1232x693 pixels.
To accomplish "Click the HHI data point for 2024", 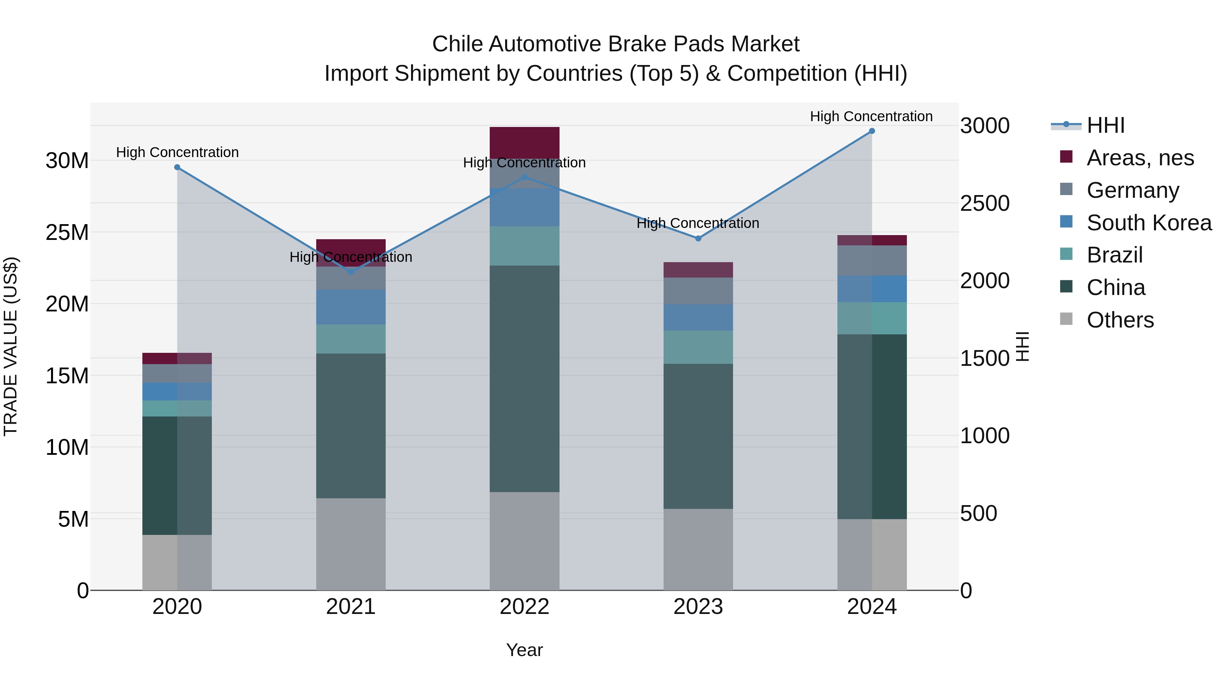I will tap(871, 131).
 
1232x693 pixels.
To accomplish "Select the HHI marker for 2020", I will tap(177, 167).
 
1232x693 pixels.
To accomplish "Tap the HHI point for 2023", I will tap(698, 238).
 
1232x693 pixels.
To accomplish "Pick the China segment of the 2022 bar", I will tap(524, 378).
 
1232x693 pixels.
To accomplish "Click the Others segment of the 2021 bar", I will tap(350, 544).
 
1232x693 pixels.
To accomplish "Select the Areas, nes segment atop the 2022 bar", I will tap(524, 142).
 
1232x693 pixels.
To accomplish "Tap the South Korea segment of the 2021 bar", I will tap(350, 307).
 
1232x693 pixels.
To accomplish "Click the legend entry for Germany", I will tap(1132, 190).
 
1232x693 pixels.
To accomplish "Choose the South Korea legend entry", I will tap(1149, 223).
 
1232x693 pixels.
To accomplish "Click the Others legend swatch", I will tap(1066, 319).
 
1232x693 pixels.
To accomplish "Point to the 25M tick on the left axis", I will tap(67, 232).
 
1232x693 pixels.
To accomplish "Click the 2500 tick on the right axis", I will tap(984, 203).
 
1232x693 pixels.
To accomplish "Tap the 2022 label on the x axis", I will tap(524, 607).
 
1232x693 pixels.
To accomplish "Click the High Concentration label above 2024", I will tap(871, 116).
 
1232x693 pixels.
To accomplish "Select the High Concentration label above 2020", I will tap(177, 152).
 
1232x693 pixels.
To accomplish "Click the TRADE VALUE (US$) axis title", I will tap(11, 346).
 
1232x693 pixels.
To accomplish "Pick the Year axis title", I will tap(524, 650).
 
